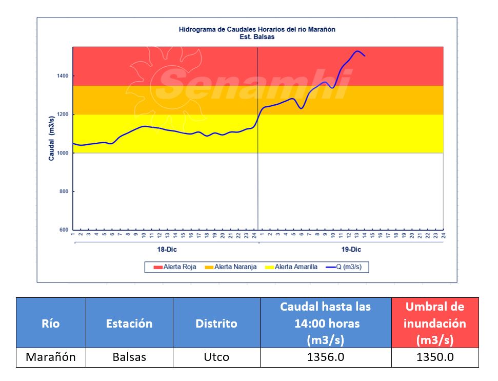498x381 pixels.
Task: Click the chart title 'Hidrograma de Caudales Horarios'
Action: (x=257, y=30)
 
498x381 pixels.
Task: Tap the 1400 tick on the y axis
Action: (x=63, y=76)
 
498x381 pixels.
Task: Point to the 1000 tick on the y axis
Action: (x=63, y=153)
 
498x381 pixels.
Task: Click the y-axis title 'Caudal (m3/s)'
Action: (x=52, y=139)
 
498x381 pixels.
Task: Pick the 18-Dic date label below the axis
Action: (x=164, y=250)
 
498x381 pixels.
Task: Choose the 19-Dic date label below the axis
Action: (x=351, y=250)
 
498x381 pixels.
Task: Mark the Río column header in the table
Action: (x=51, y=323)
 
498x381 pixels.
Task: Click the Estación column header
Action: (x=129, y=323)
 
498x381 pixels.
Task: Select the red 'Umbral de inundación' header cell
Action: (x=435, y=323)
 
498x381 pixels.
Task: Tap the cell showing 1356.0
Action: (x=325, y=357)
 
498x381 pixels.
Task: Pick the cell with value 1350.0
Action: (x=435, y=357)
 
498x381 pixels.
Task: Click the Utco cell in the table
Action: (x=216, y=357)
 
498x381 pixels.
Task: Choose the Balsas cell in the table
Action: (x=129, y=357)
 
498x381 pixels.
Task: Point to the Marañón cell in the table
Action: (x=51, y=357)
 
